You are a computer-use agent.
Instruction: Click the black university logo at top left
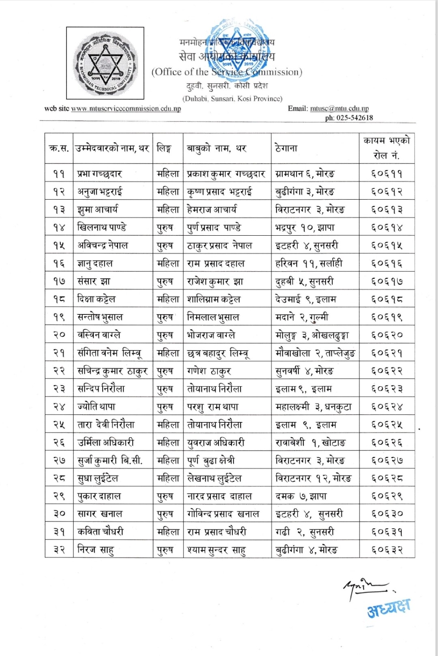pos(105,63)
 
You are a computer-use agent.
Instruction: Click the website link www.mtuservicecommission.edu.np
pos(126,109)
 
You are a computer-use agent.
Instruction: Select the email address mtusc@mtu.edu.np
pos(339,109)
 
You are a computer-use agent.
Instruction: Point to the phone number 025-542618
pos(354,118)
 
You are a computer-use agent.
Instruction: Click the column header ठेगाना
pos(286,148)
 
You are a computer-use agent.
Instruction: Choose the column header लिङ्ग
pos(164,148)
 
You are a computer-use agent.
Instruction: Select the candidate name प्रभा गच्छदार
pos(100,174)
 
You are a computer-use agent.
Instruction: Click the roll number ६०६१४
pos(386,228)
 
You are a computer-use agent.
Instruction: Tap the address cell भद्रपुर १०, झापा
pos(305,228)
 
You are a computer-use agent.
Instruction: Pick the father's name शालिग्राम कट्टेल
pos(214,299)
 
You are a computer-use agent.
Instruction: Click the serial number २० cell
pos(59,335)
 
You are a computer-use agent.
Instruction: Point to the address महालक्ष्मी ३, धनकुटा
pos(313,407)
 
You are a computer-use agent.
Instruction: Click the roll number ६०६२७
pos(386,460)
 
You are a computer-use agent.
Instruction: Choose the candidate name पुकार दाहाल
pos(99,496)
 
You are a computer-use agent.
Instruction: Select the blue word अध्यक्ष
pos(389,608)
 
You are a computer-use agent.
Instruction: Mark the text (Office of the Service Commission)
pos(227,72)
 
